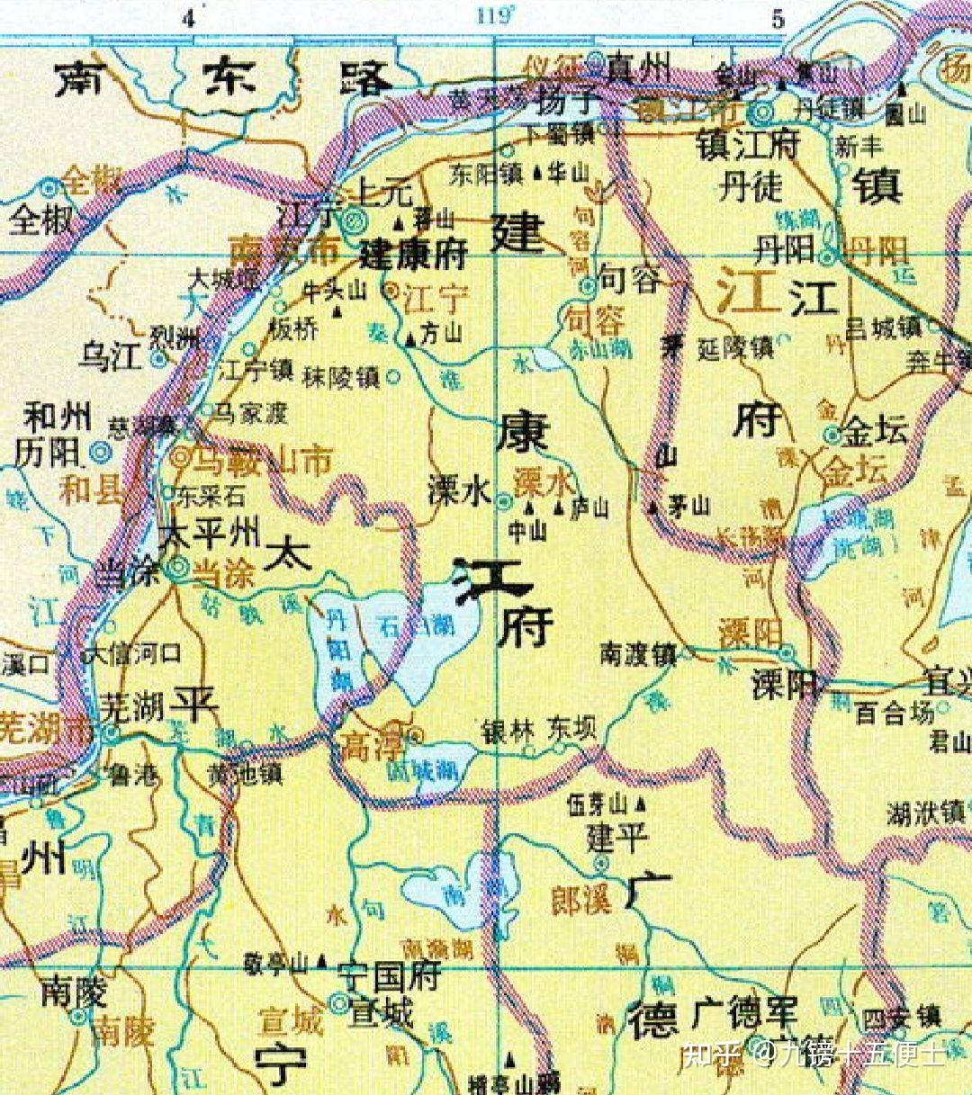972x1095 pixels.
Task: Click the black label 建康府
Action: point(413,255)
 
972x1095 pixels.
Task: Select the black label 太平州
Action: point(208,535)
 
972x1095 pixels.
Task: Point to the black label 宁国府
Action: point(390,974)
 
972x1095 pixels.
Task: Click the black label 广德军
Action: point(744,1014)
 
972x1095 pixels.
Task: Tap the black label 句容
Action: point(630,280)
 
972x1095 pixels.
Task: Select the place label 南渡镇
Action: point(638,654)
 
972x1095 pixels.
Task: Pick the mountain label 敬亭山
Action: point(275,965)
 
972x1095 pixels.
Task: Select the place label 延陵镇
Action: point(735,346)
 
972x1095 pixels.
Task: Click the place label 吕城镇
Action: point(883,328)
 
